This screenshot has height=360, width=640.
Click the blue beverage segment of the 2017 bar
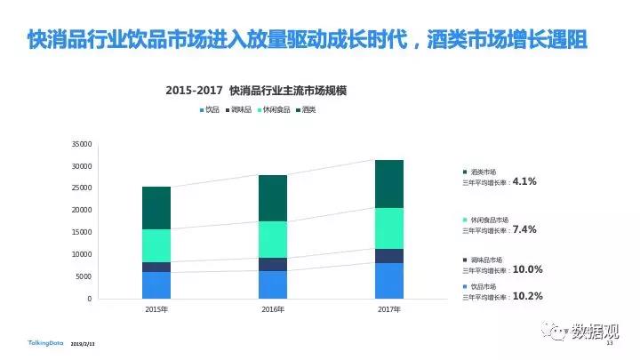tap(388, 281)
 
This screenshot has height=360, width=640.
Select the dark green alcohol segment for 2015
tap(156, 208)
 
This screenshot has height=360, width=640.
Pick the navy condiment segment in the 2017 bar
tap(388, 256)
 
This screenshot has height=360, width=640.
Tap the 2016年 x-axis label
tap(272, 309)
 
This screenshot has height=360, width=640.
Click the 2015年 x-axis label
tap(156, 309)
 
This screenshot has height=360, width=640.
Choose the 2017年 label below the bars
tap(388, 309)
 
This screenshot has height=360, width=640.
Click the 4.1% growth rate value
tap(525, 181)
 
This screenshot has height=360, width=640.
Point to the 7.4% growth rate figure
tap(525, 229)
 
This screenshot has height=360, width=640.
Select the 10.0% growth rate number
tap(528, 269)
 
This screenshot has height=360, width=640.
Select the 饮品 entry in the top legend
tap(212, 109)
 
